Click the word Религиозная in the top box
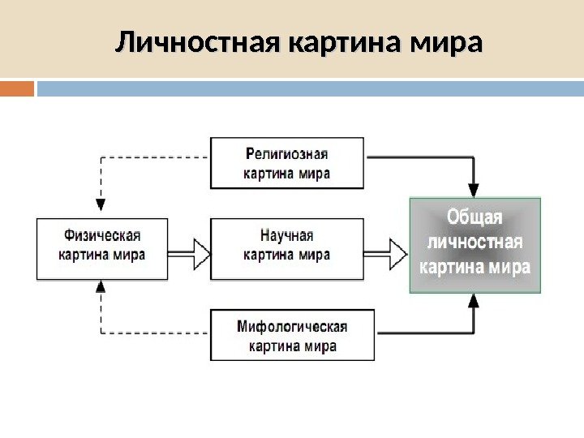point(287,154)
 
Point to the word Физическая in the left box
point(102,235)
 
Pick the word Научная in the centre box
point(287,235)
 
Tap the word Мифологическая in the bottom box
point(292,327)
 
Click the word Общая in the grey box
point(474,218)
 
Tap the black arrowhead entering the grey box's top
point(474,189)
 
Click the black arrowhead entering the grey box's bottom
point(474,301)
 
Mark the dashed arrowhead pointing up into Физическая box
point(101,286)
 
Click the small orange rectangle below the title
point(17,88)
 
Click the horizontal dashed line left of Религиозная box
point(155,157)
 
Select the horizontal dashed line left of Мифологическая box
point(155,333)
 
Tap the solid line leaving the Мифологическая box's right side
point(422,333)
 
